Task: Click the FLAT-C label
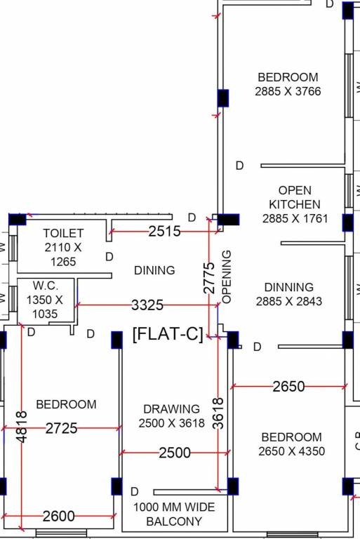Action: click(x=168, y=334)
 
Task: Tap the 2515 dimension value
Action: click(x=164, y=232)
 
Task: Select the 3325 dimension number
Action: click(x=147, y=305)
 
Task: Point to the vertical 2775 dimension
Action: click(x=209, y=278)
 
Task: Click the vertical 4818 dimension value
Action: click(x=21, y=427)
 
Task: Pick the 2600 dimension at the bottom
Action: click(x=59, y=516)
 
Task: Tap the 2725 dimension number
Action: click(x=62, y=428)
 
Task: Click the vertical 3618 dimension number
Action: click(x=218, y=413)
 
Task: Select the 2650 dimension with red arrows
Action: click(x=289, y=387)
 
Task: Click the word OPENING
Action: click(x=227, y=277)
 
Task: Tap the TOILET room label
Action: click(x=63, y=233)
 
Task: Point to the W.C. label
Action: click(x=46, y=286)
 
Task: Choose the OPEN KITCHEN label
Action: click(x=295, y=197)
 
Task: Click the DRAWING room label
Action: click(x=171, y=409)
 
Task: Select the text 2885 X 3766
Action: click(x=288, y=91)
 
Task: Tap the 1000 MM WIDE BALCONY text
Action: click(x=174, y=514)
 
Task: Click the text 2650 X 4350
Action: click(x=291, y=451)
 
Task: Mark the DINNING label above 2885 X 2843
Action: click(x=289, y=287)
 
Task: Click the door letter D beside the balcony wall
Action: click(x=135, y=491)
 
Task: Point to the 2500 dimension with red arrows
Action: click(x=175, y=453)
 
